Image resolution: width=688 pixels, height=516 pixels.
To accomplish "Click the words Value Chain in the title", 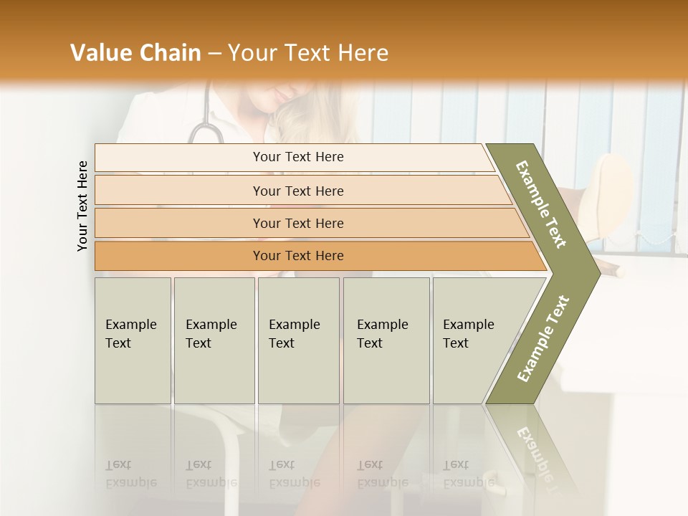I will tap(135, 53).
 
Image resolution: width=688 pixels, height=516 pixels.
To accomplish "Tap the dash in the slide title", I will tap(214, 54).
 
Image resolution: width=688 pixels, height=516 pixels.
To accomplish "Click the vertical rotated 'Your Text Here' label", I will tap(82, 206).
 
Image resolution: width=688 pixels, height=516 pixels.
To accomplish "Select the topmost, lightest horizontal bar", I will tap(297, 157).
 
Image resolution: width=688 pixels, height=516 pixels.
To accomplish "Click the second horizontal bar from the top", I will tap(297, 191).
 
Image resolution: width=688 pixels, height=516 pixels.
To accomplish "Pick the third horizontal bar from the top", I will tap(297, 223).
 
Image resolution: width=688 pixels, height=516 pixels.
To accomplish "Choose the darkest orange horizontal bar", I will tap(297, 256).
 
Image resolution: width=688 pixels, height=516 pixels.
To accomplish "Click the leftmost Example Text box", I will tap(133, 340).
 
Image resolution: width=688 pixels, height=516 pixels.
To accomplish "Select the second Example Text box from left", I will tap(214, 340).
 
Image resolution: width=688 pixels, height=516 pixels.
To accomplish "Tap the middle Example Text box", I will tap(298, 340).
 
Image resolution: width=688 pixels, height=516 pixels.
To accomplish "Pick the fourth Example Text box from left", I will tap(386, 340).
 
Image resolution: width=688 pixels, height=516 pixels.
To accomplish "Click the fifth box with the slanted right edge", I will tap(473, 340).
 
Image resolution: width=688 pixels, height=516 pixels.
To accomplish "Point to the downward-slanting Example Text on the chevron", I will tap(541, 204).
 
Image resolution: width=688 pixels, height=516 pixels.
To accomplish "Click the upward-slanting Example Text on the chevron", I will tap(543, 338).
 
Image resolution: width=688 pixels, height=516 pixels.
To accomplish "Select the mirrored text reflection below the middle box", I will tap(295, 474).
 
